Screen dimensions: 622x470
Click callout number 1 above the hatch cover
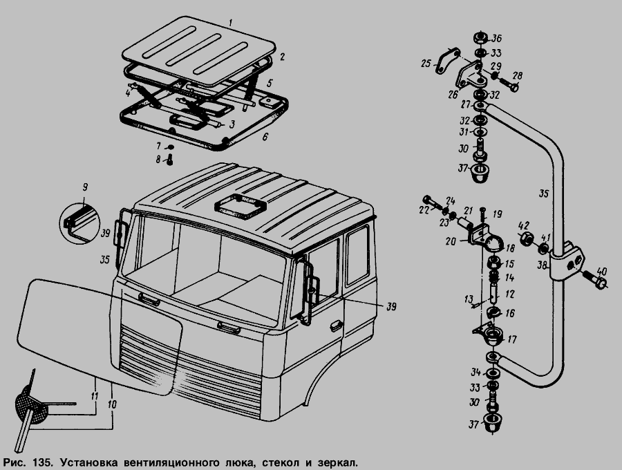[x=230, y=23]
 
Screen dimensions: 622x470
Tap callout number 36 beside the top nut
[x=497, y=39]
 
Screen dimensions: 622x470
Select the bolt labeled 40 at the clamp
[x=594, y=279]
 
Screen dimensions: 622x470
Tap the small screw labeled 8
[x=169, y=160]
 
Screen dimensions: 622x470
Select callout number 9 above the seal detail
[x=85, y=187]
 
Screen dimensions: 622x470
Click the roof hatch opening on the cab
[x=239, y=206]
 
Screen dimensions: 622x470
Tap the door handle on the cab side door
[x=337, y=326]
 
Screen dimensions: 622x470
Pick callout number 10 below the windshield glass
[x=112, y=404]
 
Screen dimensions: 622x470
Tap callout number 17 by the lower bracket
[x=512, y=340]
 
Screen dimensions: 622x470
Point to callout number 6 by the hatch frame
[x=265, y=137]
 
